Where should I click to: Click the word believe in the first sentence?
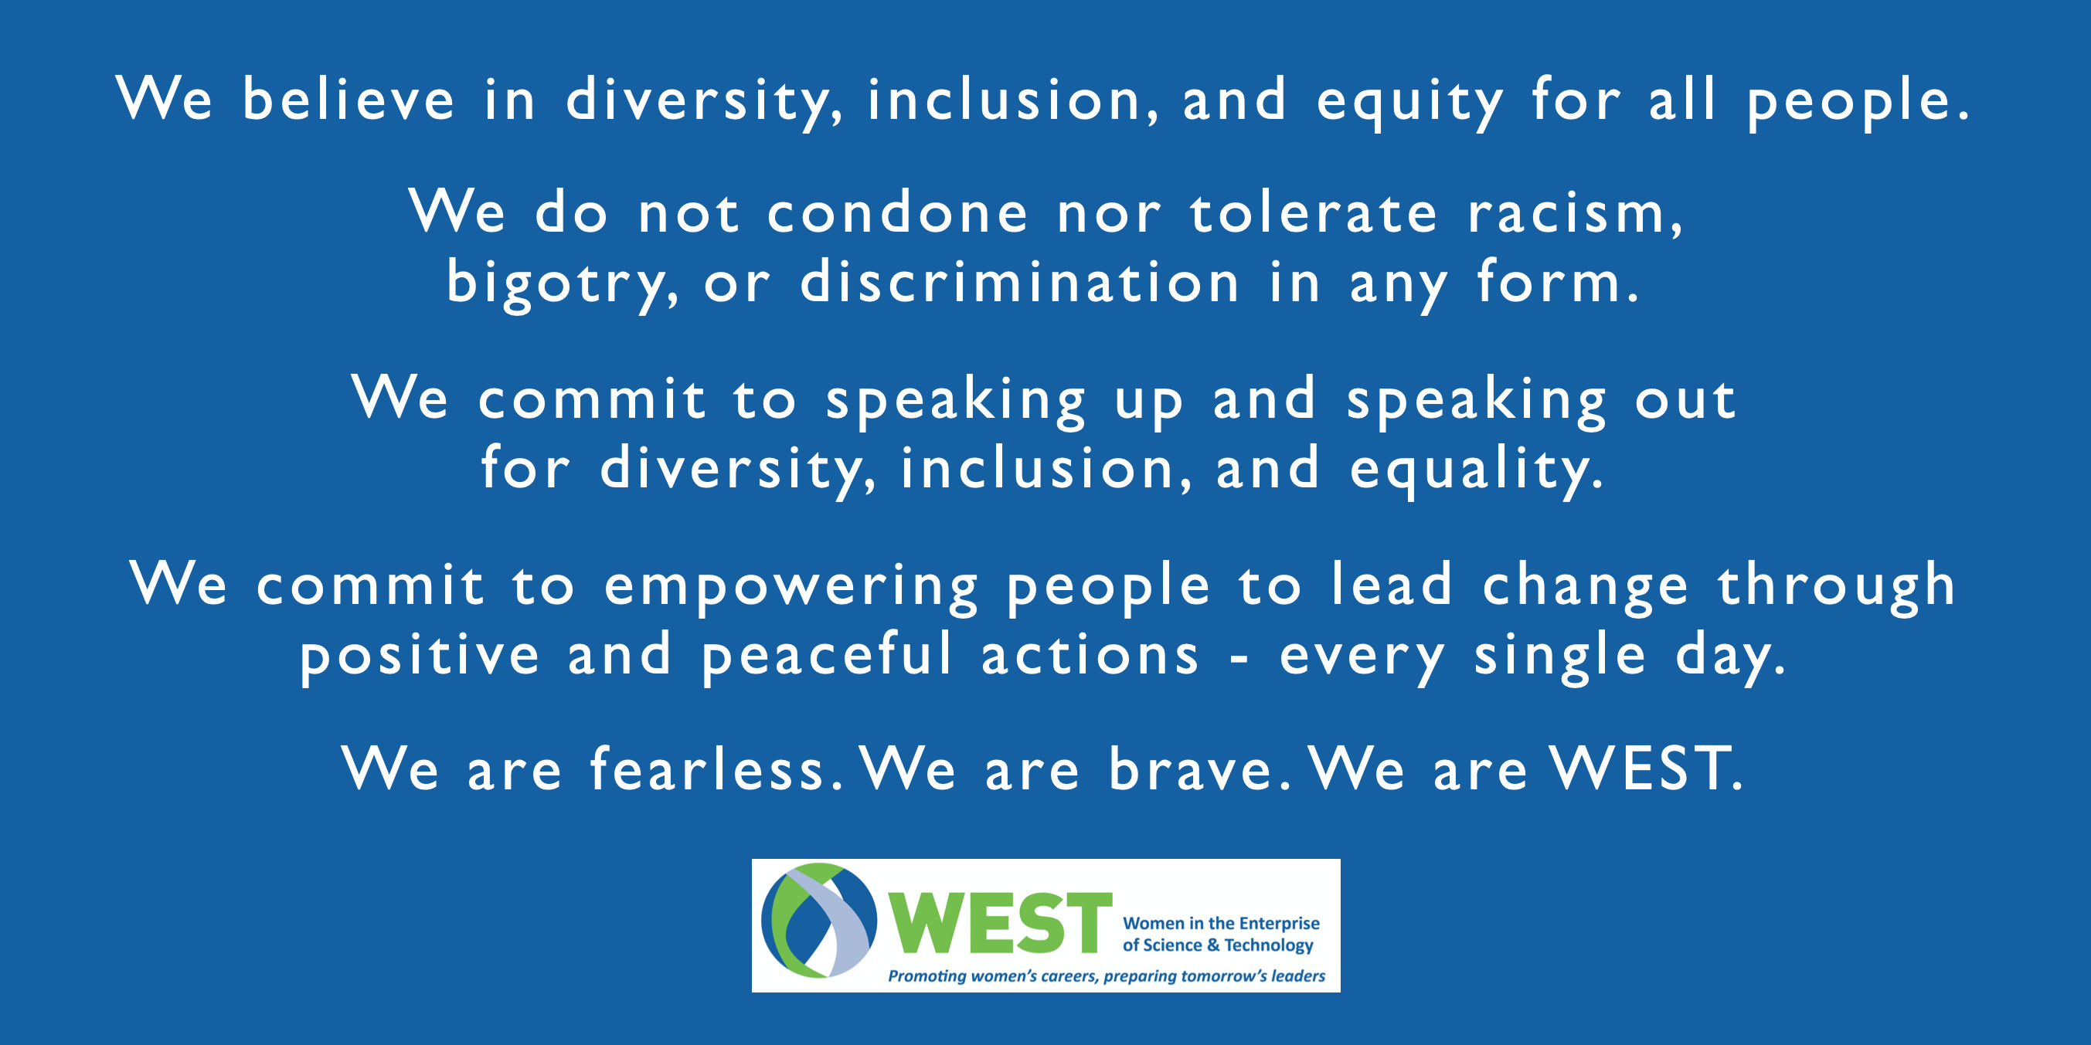[348, 99]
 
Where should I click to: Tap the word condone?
[898, 212]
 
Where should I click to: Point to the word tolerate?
[1314, 212]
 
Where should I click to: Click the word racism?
[1575, 214]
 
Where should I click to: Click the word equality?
[1477, 471]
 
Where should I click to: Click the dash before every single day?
[1239, 660]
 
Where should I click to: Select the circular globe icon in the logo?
[819, 920]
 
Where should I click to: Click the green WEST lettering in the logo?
[999, 922]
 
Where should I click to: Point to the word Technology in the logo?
[1269, 946]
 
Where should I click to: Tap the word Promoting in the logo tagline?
[927, 976]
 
